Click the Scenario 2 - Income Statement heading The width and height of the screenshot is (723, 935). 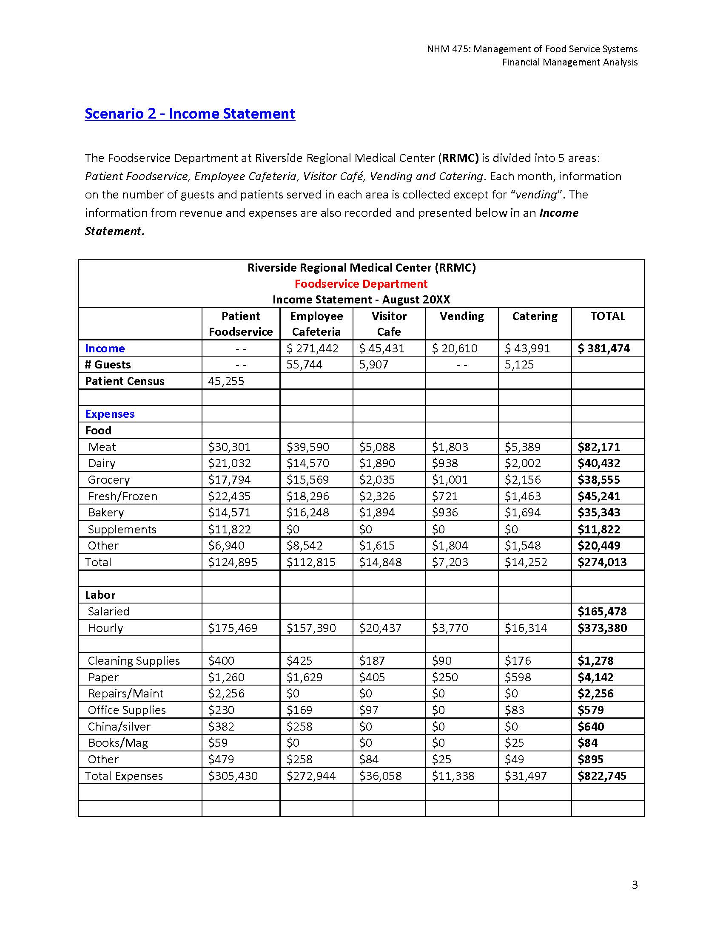click(190, 114)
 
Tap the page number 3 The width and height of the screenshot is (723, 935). click(635, 884)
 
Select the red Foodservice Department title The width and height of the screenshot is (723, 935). click(361, 284)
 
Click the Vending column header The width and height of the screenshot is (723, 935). click(461, 316)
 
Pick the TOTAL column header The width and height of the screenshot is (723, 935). click(607, 316)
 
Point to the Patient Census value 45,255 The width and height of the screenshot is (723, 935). click(226, 381)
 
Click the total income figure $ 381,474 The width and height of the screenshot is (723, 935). click(603, 348)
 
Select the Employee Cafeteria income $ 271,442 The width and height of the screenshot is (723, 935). click(312, 348)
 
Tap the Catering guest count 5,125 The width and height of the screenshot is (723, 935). click(519, 365)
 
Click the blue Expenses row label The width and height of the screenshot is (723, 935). click(110, 414)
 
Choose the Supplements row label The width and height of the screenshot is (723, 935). click(122, 530)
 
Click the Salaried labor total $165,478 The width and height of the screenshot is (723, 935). click(602, 611)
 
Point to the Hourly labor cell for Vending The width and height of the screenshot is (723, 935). click(450, 628)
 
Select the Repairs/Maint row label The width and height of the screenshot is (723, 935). click(125, 694)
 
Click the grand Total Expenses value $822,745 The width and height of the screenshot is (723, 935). click(602, 776)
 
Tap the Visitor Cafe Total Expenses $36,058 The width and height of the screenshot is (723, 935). click(380, 776)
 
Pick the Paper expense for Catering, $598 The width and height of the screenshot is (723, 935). click(518, 677)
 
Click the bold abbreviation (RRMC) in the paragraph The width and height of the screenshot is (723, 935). click(458, 158)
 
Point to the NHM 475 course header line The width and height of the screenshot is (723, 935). click(532, 49)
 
